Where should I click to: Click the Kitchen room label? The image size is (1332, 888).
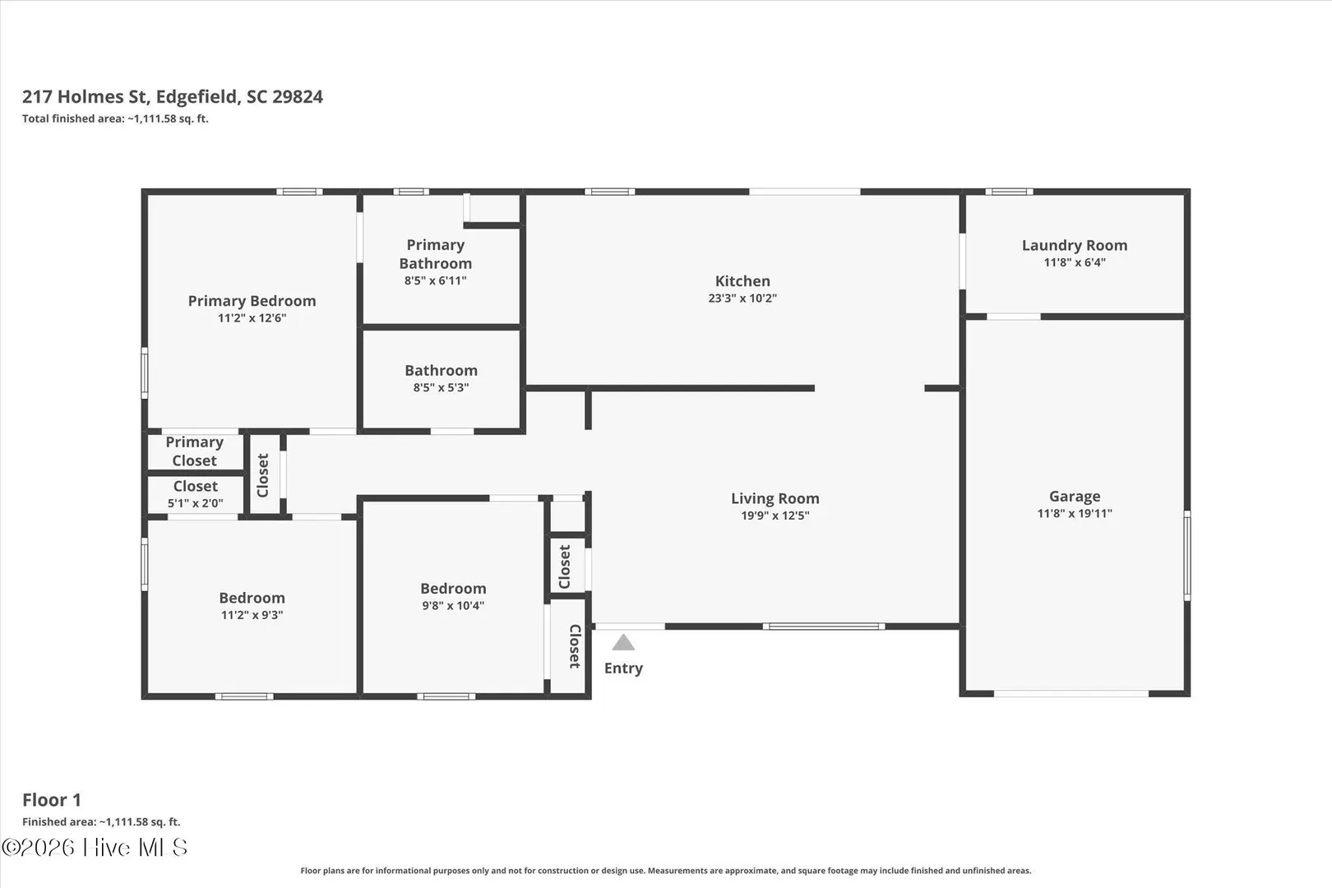tap(742, 280)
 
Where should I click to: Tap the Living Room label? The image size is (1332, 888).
tap(775, 498)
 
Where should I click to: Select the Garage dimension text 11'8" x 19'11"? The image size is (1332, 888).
tap(1075, 513)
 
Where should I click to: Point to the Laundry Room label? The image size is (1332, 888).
tap(1075, 245)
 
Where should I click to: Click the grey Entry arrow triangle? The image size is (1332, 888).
tap(623, 643)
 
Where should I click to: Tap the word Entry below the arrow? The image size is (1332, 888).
tap(623, 668)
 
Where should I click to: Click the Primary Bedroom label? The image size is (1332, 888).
tap(252, 301)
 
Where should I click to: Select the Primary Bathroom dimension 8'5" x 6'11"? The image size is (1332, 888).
tap(435, 280)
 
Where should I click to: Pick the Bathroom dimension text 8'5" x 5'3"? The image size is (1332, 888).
tap(442, 388)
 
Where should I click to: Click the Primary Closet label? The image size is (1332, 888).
tap(194, 451)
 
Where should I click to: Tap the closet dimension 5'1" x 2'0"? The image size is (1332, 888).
tap(195, 503)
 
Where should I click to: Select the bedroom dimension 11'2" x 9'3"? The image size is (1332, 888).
tap(252, 615)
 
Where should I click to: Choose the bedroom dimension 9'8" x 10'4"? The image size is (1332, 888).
tap(453, 605)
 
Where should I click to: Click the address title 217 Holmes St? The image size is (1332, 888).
tap(85, 97)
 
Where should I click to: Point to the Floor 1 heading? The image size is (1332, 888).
tap(52, 800)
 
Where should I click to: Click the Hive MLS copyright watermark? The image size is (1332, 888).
tap(95, 848)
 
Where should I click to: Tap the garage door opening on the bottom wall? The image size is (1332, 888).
tap(1071, 693)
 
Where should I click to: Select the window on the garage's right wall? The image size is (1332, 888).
tap(1187, 556)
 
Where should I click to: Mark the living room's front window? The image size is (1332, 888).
tap(824, 627)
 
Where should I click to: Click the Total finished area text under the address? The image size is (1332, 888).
tap(115, 118)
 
